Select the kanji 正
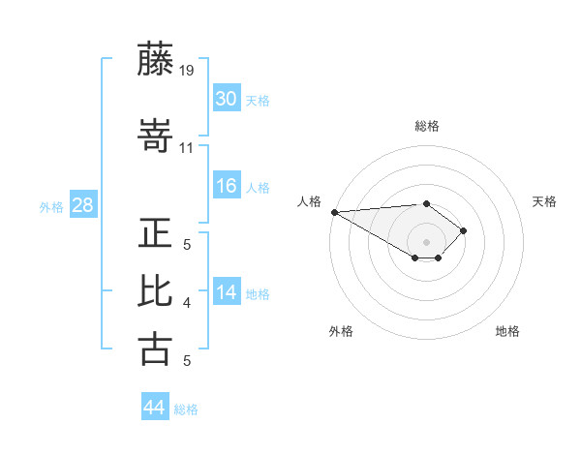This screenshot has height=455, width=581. (156, 234)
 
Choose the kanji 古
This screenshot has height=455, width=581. (156, 348)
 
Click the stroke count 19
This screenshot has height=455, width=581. (187, 71)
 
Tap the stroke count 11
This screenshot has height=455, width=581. (187, 148)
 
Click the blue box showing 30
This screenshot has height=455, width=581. (227, 99)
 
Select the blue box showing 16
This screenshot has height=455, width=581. (227, 186)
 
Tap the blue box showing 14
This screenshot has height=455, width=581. (227, 292)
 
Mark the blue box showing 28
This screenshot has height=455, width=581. (82, 205)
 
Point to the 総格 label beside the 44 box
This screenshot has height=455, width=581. (186, 409)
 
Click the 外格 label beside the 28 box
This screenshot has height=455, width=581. (51, 206)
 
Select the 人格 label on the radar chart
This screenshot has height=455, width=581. (309, 201)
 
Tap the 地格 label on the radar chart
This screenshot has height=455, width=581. (507, 331)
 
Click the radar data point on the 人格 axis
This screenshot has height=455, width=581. (334, 212)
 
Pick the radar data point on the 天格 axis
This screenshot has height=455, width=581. (465, 230)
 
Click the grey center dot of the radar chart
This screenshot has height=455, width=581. (426, 241)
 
